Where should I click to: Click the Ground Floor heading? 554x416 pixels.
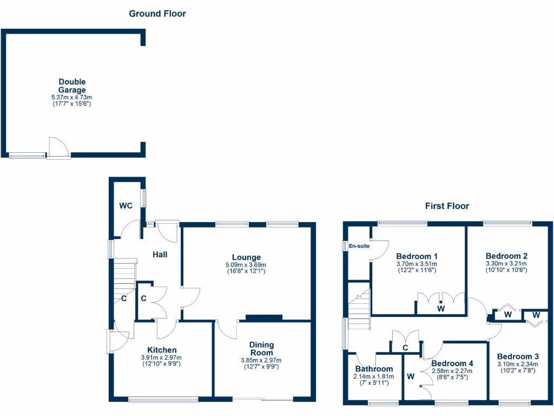point(157,14)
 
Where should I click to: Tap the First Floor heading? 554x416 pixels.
point(446,206)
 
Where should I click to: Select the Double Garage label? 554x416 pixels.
point(72,86)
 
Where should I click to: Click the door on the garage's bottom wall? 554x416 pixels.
point(58,148)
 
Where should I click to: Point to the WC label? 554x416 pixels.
point(126,206)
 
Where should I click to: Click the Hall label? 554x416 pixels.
point(160,254)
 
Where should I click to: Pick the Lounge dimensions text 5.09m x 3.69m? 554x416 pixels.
point(246,265)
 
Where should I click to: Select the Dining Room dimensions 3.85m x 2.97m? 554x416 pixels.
point(261,360)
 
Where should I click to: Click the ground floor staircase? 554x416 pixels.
point(124,276)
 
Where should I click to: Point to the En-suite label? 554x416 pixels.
point(359,246)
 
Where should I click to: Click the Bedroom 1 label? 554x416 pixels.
point(417,256)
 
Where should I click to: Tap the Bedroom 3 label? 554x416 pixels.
point(518,356)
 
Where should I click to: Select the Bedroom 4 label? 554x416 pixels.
point(452,363)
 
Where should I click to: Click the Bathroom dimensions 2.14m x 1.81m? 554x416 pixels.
point(373,376)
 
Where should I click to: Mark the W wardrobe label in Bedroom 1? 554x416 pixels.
point(441,309)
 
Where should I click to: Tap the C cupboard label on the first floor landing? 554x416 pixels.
point(405,348)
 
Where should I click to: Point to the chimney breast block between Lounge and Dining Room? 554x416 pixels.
point(264,318)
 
